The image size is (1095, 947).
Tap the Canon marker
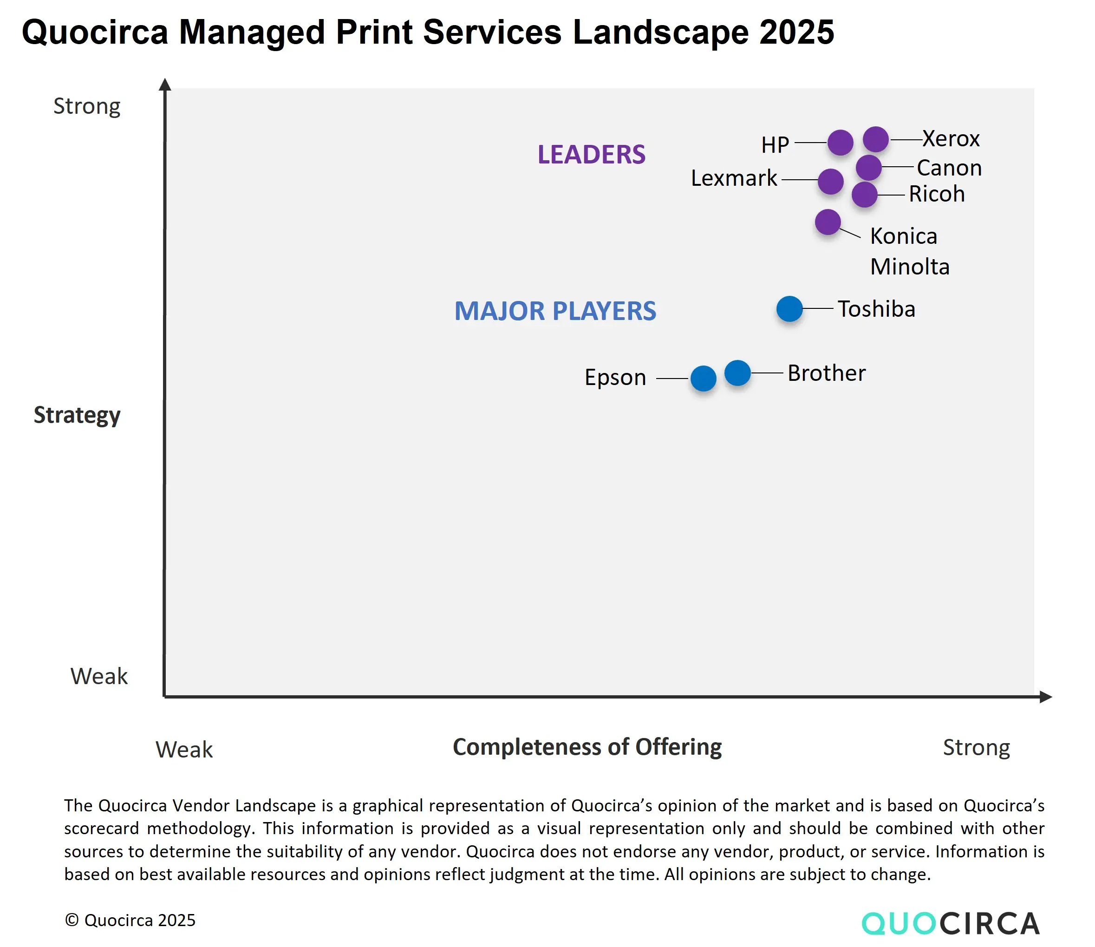[869, 168]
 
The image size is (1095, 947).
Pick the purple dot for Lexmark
[831, 182]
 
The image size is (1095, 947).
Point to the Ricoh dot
[865, 195]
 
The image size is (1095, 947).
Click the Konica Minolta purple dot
[828, 222]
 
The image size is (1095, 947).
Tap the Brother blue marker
[738, 373]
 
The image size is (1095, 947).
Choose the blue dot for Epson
[704, 379]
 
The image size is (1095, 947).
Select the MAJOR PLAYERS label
[555, 311]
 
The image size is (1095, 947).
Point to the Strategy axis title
[77, 415]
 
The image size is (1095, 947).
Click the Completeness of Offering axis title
[587, 747]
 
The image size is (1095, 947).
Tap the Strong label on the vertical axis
[87, 106]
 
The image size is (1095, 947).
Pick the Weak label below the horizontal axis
[184, 750]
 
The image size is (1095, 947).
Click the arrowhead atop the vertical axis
[165, 84]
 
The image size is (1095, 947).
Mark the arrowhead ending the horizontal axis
[1046, 697]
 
